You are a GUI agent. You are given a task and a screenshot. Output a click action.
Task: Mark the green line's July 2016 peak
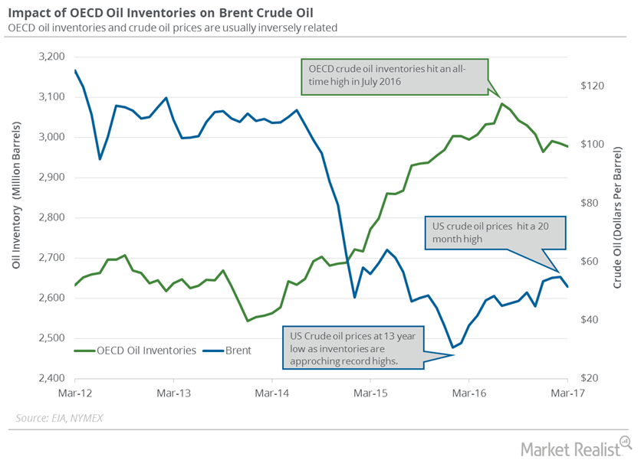[x=501, y=103]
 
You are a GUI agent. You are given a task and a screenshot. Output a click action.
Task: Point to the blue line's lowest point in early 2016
[x=452, y=347]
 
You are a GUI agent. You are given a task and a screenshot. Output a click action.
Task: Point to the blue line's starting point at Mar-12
[x=75, y=70]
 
